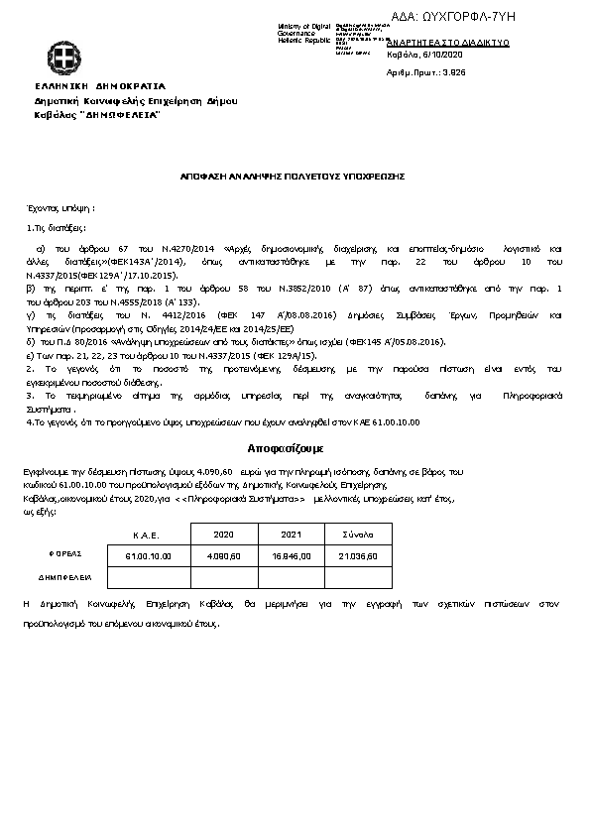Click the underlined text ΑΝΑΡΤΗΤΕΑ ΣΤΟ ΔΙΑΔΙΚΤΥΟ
[x=448, y=44]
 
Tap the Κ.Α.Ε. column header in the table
[x=147, y=535]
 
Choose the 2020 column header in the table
[x=223, y=534]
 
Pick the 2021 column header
[x=291, y=534]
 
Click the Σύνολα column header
[x=357, y=534]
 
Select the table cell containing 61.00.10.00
[x=149, y=555]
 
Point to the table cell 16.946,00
[x=292, y=555]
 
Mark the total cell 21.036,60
[x=357, y=555]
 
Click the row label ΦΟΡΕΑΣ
[x=65, y=553]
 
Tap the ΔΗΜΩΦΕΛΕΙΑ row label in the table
[x=65, y=575]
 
